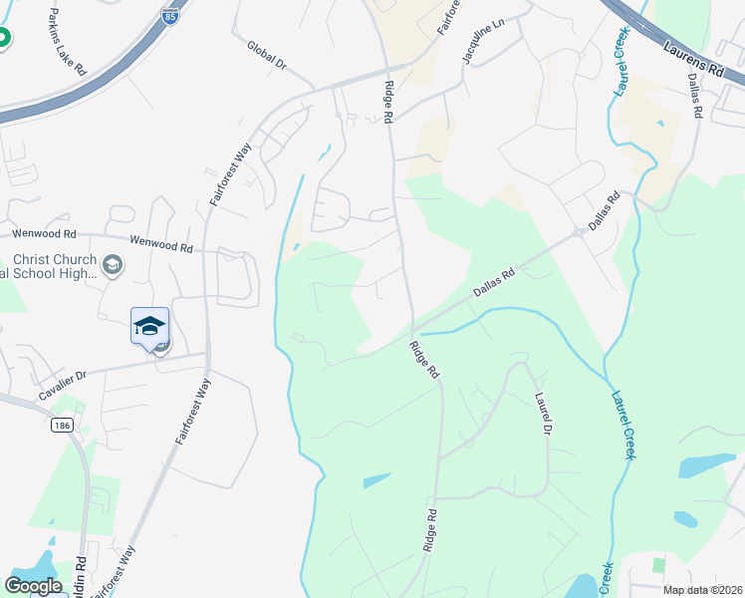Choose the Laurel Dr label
pos(542,415)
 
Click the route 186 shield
pos(62,425)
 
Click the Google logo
pos(33,585)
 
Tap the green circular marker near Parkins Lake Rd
pos(2,39)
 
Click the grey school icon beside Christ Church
pos(113,265)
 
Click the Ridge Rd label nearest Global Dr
pos(386,101)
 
